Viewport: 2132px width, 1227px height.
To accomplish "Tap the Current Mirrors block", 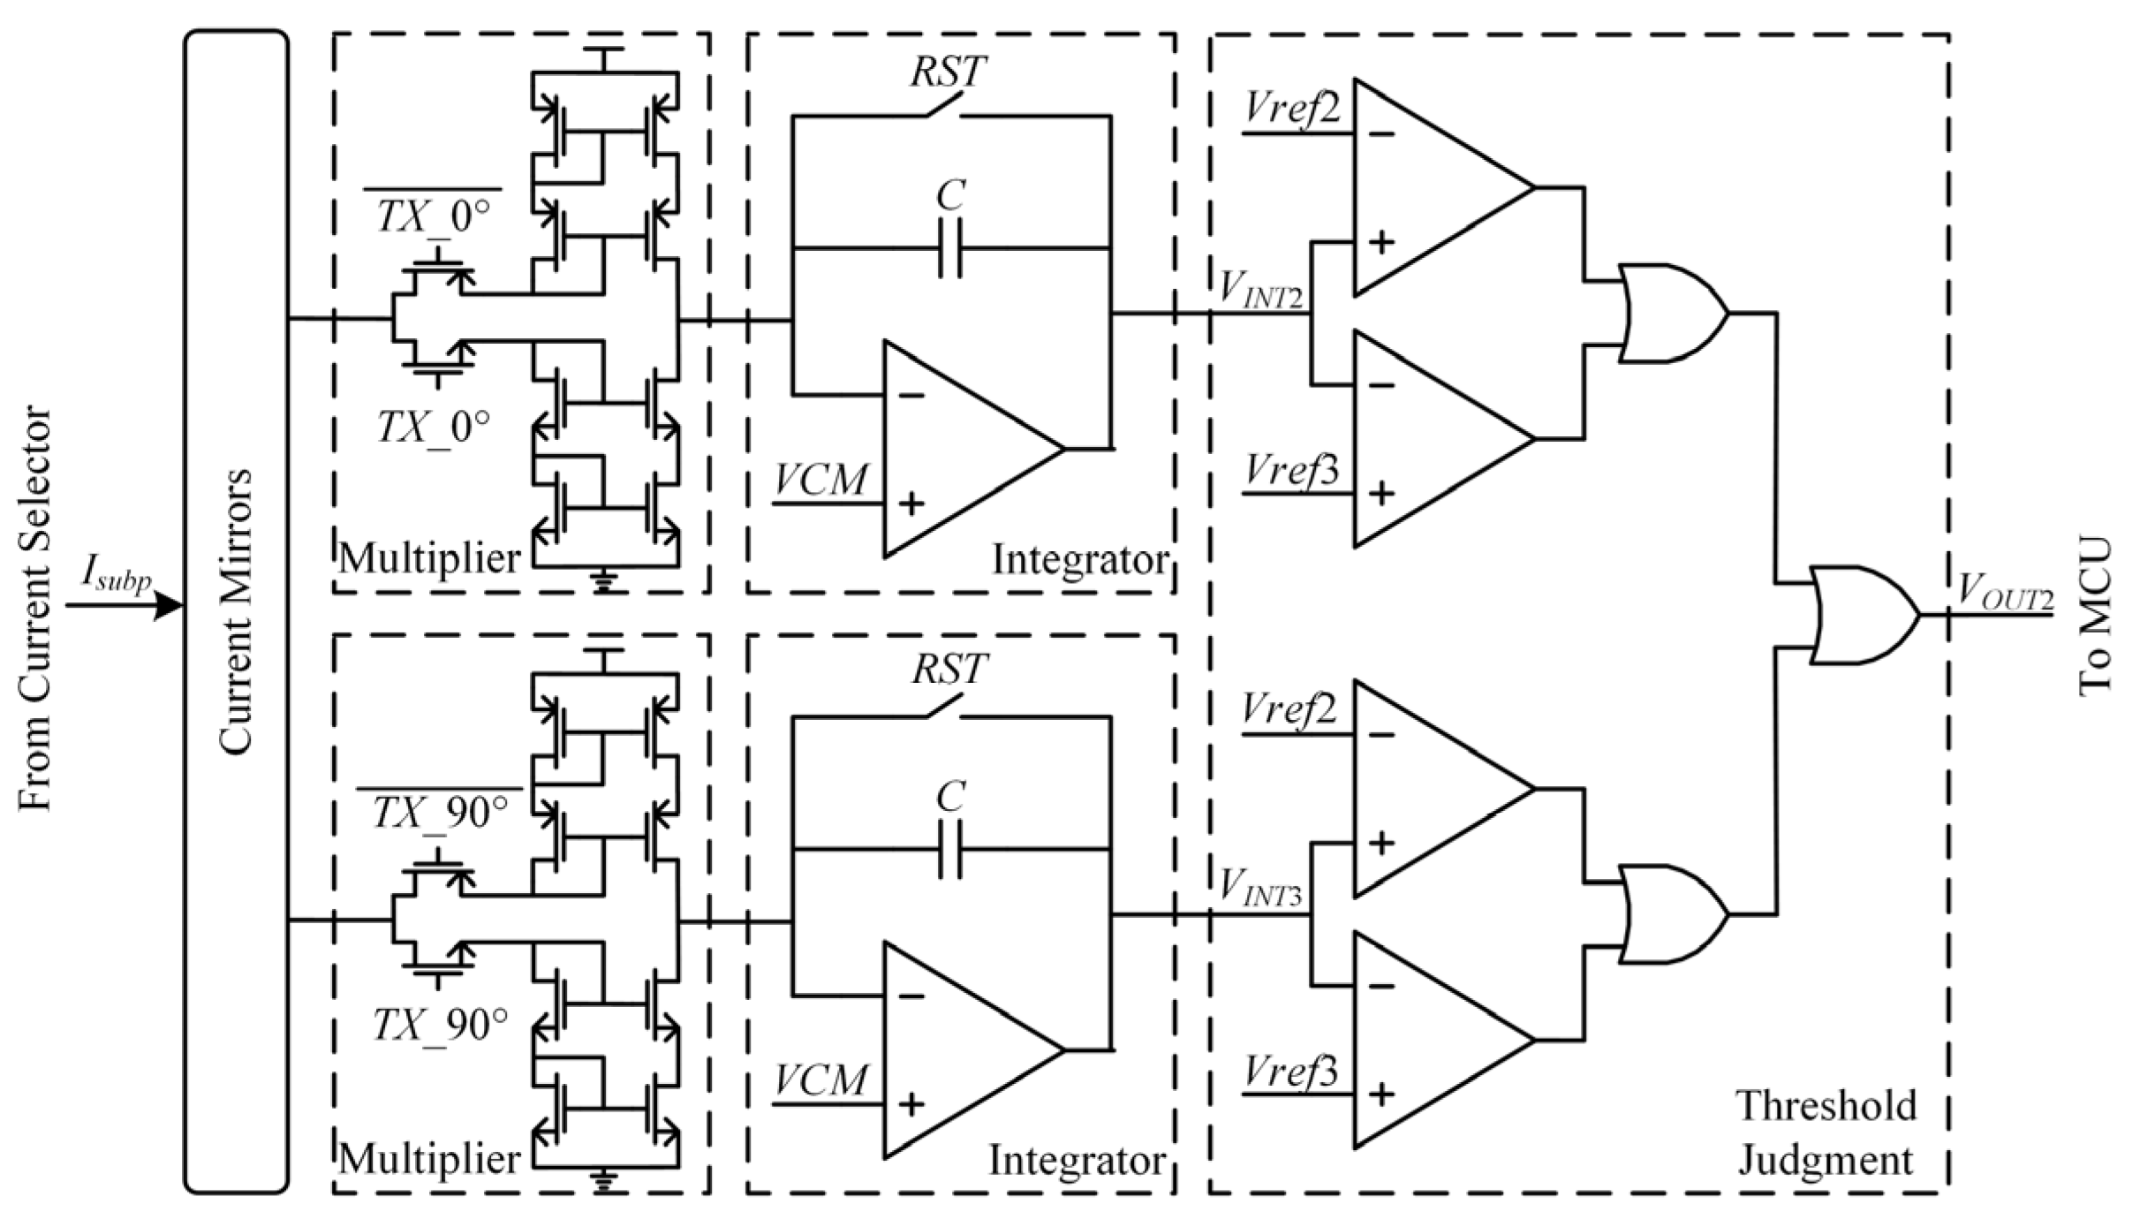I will (x=236, y=611).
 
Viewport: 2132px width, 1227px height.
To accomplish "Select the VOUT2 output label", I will (x=2003, y=592).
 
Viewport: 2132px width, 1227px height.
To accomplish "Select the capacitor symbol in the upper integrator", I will (x=950, y=249).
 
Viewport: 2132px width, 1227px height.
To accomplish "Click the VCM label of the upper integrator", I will (x=821, y=481).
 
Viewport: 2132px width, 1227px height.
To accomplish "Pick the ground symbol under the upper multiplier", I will (x=604, y=583).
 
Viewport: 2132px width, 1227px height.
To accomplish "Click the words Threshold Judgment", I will (x=1826, y=1132).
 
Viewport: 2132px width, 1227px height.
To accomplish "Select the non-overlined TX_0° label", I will (x=433, y=428).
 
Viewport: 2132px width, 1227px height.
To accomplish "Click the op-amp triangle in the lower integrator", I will (x=963, y=1049).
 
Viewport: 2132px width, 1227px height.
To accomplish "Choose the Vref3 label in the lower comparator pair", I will (x=1291, y=1072).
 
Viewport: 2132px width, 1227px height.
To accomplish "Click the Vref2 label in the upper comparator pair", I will (x=1291, y=110).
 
